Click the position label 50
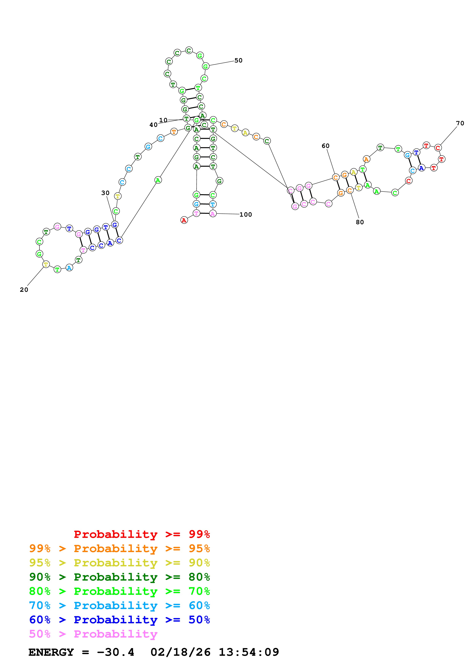(238, 60)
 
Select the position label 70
(460, 123)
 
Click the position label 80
(359, 222)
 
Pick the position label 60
(325, 146)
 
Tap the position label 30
(105, 193)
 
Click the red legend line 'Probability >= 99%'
(142, 534)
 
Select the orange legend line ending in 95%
(119, 548)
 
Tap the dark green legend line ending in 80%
(119, 577)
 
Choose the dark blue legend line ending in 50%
(119, 620)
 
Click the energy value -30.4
(116, 652)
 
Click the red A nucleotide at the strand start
(184, 220)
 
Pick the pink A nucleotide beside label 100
(213, 214)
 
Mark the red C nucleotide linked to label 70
(438, 148)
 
